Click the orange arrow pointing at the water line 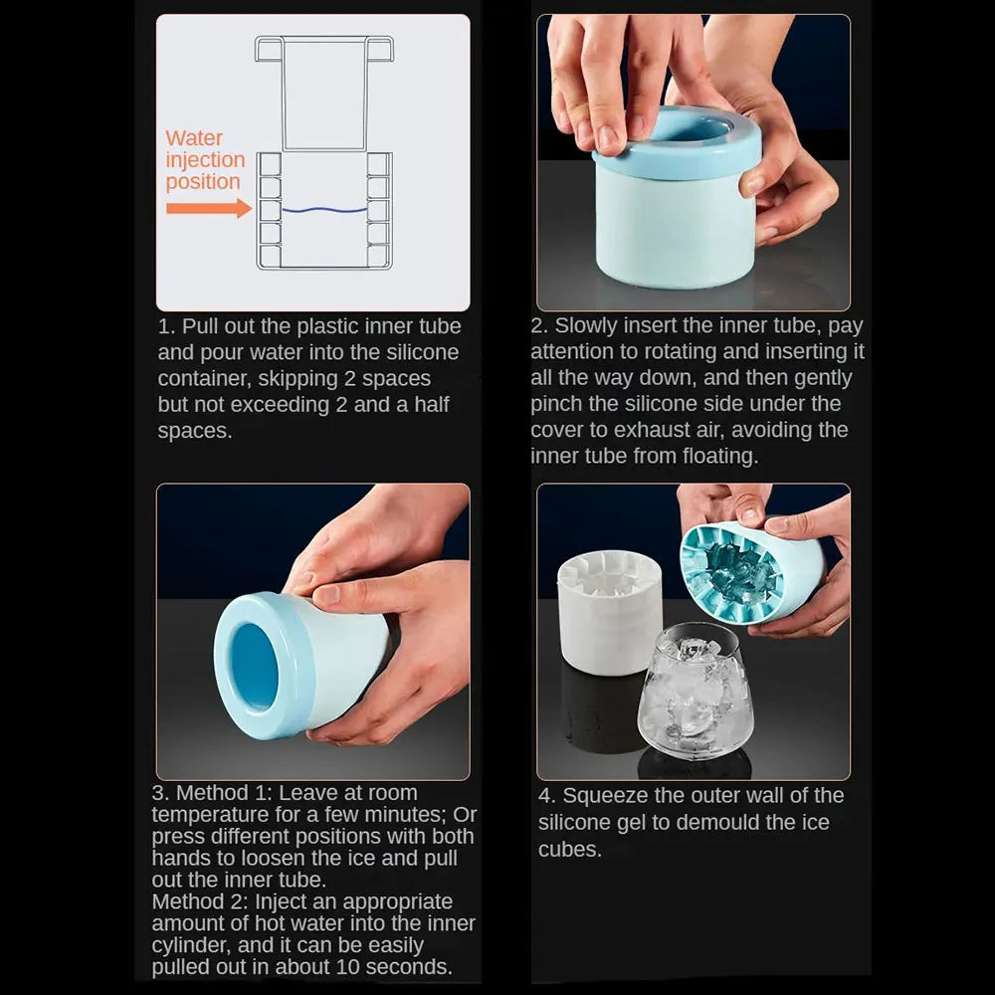[209, 208]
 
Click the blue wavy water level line [324, 209]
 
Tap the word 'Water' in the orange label [194, 138]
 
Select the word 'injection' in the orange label [205, 160]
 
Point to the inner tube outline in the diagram [324, 92]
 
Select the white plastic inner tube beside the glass [610, 611]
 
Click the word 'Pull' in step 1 [200, 326]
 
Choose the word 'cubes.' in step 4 [569, 849]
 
